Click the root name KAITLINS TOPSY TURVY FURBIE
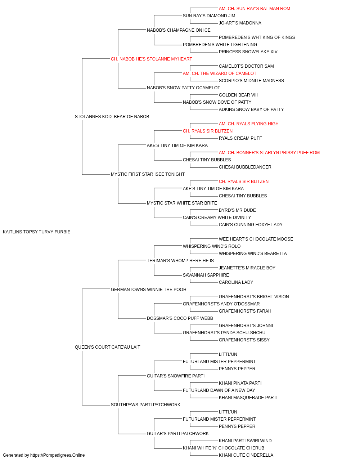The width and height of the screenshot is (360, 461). point(36,232)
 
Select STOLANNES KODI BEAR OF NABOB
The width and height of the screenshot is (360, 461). point(112,117)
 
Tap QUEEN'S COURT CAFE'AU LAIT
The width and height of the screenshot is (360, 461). point(108,347)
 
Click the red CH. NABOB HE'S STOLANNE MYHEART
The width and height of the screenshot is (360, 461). point(151,59)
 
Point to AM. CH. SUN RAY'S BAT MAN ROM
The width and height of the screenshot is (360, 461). point(255,9)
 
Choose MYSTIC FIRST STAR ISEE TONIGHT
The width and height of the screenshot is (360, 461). point(148,174)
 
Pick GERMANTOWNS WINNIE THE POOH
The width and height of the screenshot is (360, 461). point(149,290)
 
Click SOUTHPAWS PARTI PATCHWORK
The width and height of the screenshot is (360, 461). point(146,405)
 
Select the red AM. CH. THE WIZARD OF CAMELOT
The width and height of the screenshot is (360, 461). point(220,73)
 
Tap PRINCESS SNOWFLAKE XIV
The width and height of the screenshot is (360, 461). point(248,52)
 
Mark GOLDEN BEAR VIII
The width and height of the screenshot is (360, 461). point(238,95)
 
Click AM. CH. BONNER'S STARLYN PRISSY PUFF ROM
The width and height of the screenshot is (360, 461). point(269,153)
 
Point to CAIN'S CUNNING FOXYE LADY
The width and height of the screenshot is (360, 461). point(251,225)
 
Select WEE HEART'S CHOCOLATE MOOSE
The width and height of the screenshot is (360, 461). point(256,239)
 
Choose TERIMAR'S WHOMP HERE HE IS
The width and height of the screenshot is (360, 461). point(180,261)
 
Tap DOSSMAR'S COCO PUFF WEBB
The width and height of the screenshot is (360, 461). point(180,318)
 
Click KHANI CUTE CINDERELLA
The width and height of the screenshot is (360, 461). point(246,455)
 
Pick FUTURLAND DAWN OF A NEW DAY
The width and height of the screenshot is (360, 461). point(219,390)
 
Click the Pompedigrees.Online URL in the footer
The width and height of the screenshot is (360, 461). point(58,455)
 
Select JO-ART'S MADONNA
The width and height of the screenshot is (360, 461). point(240,23)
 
